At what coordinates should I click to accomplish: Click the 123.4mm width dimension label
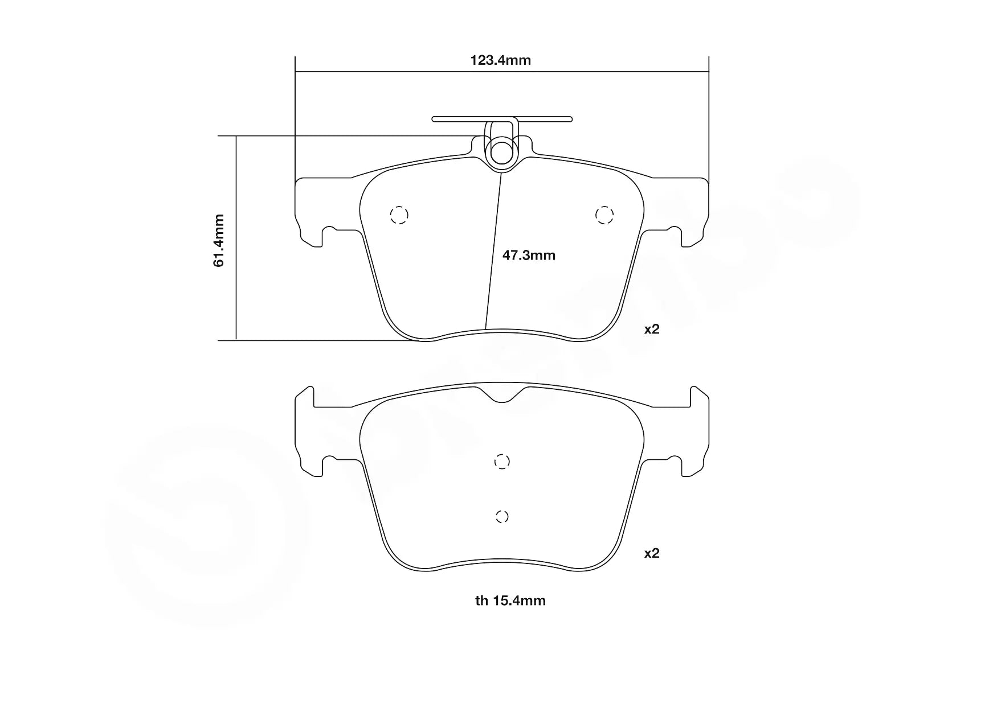click(x=500, y=60)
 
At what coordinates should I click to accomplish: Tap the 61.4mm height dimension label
click(x=219, y=240)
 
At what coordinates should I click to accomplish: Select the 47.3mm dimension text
click(x=529, y=256)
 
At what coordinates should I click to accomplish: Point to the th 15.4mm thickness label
click(x=510, y=600)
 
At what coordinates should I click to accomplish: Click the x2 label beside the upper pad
click(x=651, y=329)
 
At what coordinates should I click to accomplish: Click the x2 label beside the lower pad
click(x=651, y=553)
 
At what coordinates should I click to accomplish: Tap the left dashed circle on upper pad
click(x=399, y=215)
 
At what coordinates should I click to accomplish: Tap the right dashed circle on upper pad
click(x=604, y=215)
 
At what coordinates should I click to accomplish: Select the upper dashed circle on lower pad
click(x=501, y=462)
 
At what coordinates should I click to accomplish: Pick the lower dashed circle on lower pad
click(x=501, y=517)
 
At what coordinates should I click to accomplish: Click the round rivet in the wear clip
click(x=502, y=152)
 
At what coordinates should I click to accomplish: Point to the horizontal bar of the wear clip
click(x=547, y=119)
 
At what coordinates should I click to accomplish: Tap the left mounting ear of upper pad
click(x=310, y=211)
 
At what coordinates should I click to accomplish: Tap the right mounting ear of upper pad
click(x=693, y=211)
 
